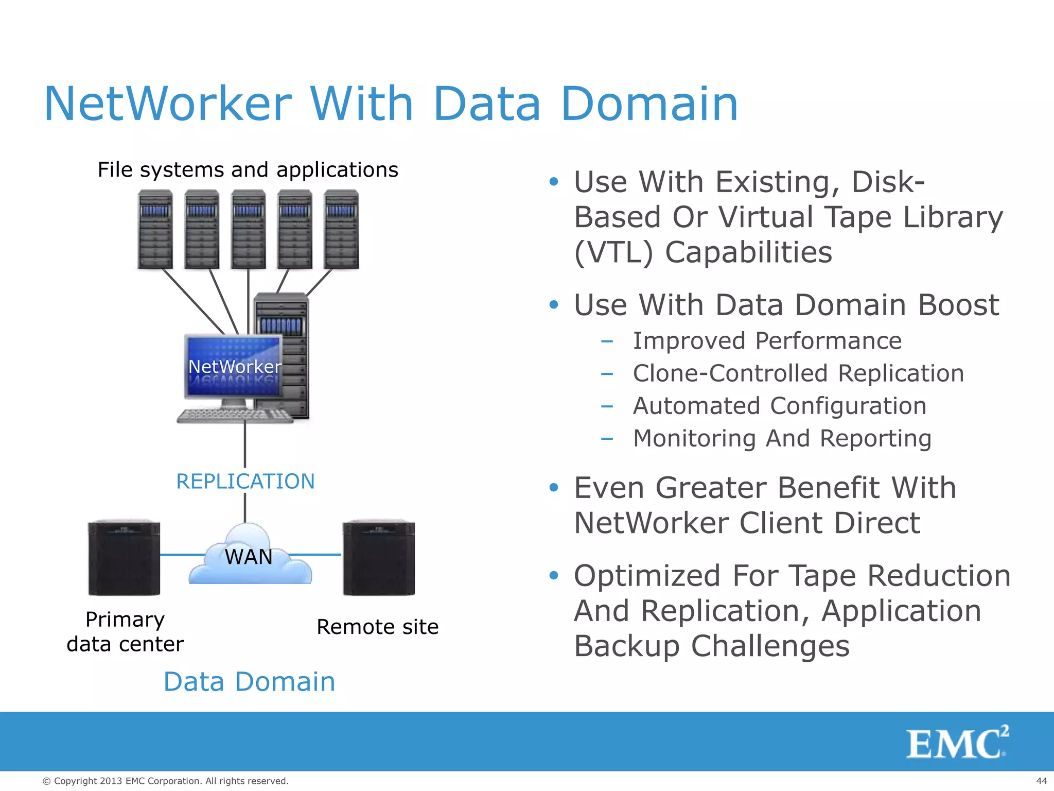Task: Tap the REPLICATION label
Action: pos(245,482)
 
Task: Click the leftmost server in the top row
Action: pos(155,230)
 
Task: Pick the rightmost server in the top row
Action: pos(341,230)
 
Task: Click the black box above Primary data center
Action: pos(124,558)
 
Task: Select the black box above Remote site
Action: pos(379,558)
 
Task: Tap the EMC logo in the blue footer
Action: pos(957,743)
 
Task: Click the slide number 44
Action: pos(1041,781)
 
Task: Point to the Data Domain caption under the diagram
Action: pos(249,682)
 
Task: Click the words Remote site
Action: pos(377,627)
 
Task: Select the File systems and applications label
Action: pos(248,170)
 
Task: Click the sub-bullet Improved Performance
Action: pos(767,341)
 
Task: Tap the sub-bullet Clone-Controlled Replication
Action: pos(798,373)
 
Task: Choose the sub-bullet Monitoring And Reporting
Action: pos(782,439)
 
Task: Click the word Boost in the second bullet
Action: pos(958,305)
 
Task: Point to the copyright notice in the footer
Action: pos(165,781)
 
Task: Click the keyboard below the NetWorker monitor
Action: pos(234,416)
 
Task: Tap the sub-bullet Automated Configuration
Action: pos(779,406)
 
